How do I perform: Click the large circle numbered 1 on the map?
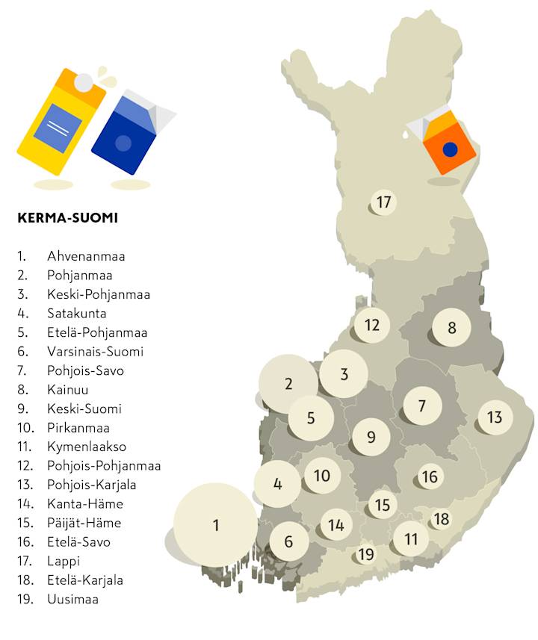click(216, 525)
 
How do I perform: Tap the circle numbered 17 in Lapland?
click(383, 202)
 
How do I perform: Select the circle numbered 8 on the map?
click(451, 327)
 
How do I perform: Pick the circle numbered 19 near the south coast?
click(365, 554)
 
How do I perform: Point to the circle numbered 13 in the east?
click(495, 417)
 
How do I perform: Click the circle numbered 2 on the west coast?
click(288, 385)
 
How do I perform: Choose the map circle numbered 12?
click(372, 325)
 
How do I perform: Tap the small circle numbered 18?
click(442, 518)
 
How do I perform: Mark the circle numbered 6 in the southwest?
click(289, 542)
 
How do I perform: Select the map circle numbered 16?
click(430, 476)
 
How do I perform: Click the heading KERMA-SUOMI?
click(67, 219)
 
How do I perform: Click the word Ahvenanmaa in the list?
click(86, 256)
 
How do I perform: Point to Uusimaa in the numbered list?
click(72, 599)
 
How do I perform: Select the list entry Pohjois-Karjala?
click(94, 485)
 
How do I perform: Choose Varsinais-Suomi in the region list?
click(95, 351)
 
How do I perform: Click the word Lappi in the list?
click(64, 561)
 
